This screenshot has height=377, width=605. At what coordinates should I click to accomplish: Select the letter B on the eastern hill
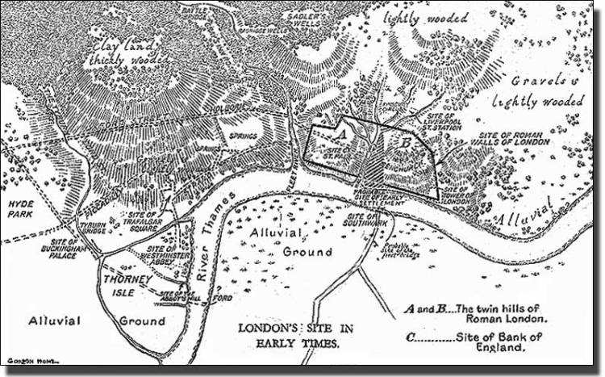(405, 144)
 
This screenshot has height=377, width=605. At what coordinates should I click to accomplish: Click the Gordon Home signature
(21, 362)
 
